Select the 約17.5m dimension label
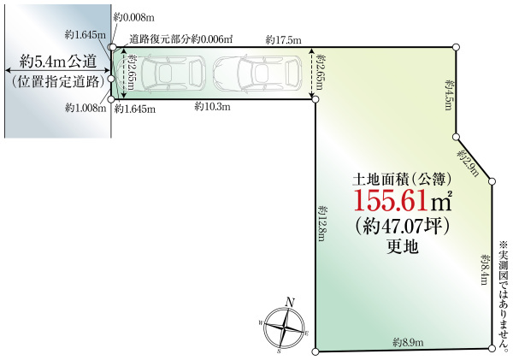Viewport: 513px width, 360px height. (283, 39)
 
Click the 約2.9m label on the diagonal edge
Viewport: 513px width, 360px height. (467, 162)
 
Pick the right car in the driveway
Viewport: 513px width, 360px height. (254, 74)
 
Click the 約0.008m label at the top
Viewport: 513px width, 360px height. (135, 15)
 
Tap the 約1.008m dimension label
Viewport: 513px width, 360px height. (85, 108)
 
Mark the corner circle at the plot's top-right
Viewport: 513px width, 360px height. (457, 47)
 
